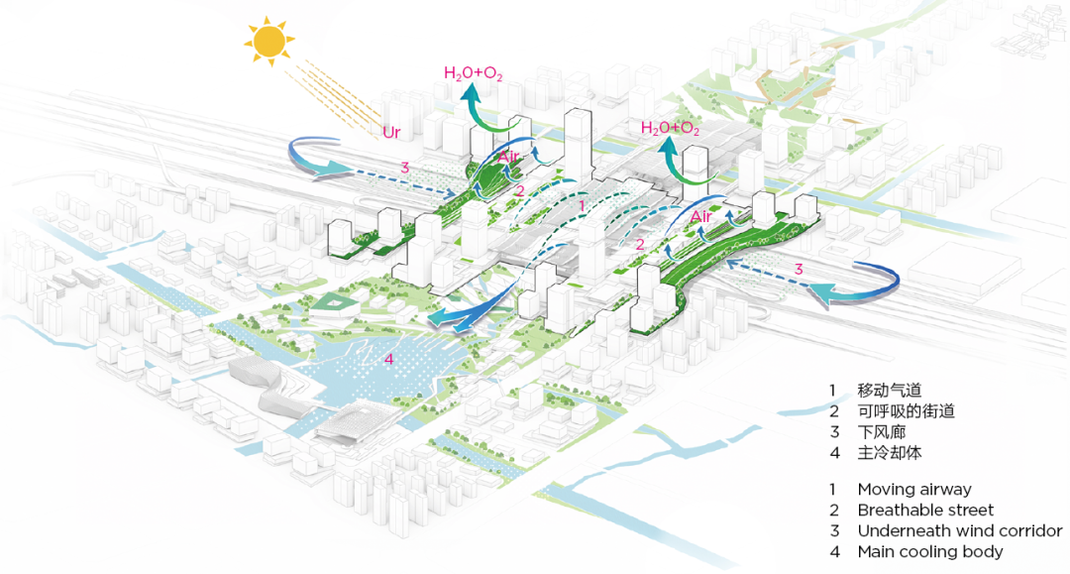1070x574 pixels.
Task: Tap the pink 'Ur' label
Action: [x=390, y=132]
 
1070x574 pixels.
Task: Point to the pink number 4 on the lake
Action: [x=388, y=359]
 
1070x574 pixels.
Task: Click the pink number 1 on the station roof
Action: [x=583, y=205]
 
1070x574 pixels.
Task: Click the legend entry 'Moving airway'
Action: [x=914, y=490]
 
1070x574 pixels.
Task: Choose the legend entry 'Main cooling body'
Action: [x=930, y=552]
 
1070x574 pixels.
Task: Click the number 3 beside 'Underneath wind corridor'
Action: [x=835, y=531]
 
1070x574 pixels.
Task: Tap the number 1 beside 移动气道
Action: [x=835, y=391]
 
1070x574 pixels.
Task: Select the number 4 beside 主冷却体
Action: [x=835, y=453]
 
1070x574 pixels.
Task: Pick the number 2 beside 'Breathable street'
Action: [x=835, y=511]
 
